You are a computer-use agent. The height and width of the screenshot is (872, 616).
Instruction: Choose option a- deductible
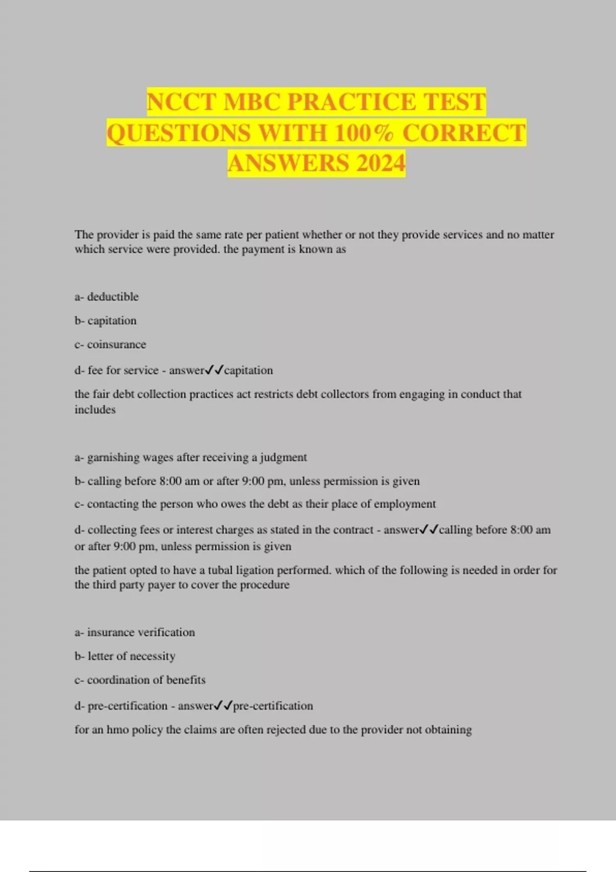tap(106, 296)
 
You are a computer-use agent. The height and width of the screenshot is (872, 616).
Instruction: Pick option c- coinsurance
tap(110, 344)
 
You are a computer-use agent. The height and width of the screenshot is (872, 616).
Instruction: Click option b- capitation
tap(105, 321)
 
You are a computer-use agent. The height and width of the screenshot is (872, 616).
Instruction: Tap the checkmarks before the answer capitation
tap(215, 370)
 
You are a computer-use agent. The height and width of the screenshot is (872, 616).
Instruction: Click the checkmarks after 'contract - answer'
tap(429, 529)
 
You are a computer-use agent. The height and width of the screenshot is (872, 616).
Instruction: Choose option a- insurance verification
tap(134, 632)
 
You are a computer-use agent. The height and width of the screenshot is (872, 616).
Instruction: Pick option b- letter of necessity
tap(125, 656)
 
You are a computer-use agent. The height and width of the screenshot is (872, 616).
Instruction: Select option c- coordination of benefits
tap(140, 680)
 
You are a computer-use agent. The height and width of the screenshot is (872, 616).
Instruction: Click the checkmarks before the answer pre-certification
tap(223, 705)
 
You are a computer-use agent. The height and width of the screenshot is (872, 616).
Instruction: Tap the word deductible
tap(113, 296)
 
